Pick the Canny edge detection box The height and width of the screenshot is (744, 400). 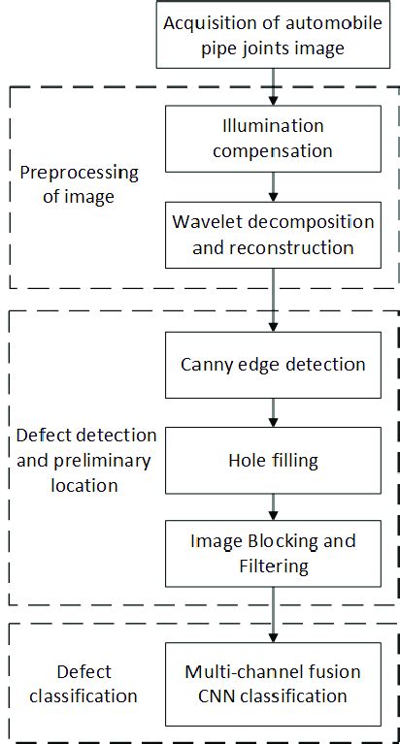274,365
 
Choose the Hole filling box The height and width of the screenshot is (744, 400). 274,460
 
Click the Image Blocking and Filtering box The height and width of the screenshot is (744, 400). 274,553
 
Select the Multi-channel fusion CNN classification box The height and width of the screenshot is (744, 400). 274,684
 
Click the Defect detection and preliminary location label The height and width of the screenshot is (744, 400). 85,459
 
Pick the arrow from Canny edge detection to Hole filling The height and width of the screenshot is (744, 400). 274,412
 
